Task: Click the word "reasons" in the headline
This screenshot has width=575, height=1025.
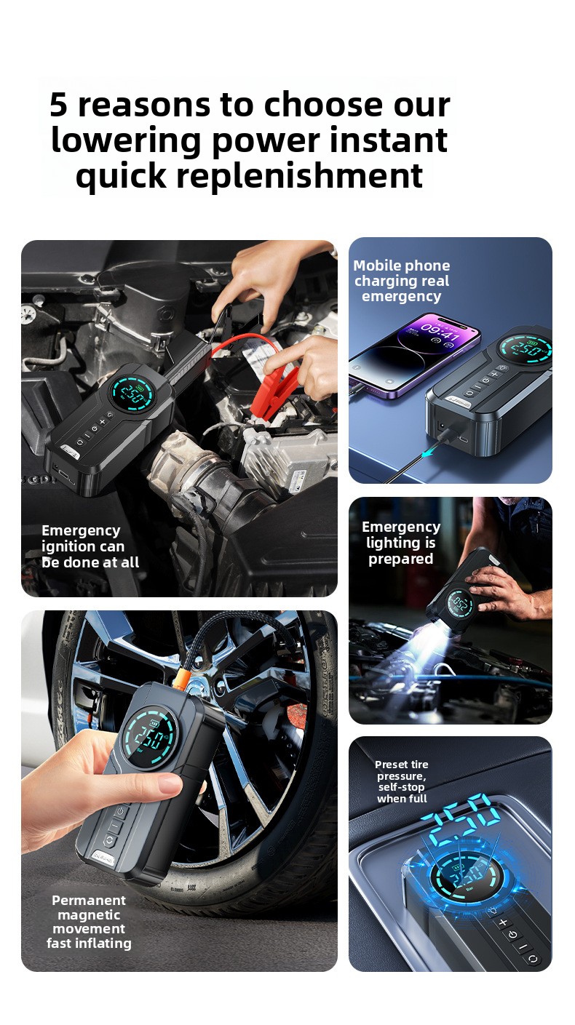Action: tap(144, 105)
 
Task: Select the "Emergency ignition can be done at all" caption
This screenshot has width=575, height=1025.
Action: tap(90, 546)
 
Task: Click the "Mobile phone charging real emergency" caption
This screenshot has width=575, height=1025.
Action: tap(402, 281)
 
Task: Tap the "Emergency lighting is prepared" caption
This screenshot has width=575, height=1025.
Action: tap(401, 543)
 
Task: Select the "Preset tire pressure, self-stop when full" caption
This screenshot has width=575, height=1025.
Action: tap(402, 781)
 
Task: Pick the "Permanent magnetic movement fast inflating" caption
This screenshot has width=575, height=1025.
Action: tap(89, 922)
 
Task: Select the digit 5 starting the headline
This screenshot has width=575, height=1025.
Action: tap(59, 105)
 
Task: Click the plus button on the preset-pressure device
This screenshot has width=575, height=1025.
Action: tap(502, 922)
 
